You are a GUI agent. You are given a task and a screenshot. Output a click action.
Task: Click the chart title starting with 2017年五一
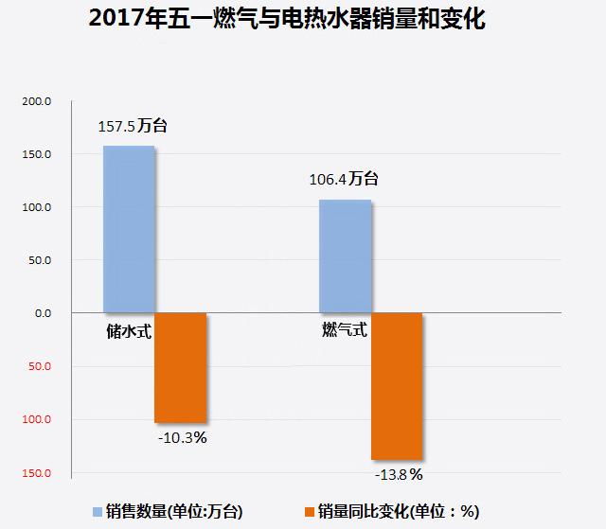coord(286,20)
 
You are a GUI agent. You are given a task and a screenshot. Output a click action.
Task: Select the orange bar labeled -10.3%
coord(180,367)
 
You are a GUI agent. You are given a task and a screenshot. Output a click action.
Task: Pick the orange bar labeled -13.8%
coord(396,386)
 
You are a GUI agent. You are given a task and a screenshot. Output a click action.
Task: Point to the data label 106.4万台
coord(344,179)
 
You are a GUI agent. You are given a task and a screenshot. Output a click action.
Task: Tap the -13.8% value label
coord(398,473)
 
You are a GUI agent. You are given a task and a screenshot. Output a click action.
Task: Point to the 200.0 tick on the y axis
coord(38,101)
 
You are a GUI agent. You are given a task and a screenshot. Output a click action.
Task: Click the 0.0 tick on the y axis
coord(42,313)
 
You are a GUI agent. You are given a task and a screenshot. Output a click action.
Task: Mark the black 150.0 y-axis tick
coord(38,154)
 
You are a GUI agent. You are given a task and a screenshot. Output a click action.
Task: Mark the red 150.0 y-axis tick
coord(38,472)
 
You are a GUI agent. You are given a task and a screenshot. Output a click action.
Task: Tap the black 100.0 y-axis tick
coord(38,207)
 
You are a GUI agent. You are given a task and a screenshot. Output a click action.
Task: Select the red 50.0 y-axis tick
coord(40,366)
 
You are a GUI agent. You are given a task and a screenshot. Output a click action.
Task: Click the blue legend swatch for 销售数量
coord(97,511)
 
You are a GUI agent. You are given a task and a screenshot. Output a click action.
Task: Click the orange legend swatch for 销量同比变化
coord(309,511)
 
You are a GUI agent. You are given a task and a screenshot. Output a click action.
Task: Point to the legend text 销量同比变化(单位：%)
coord(399,511)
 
